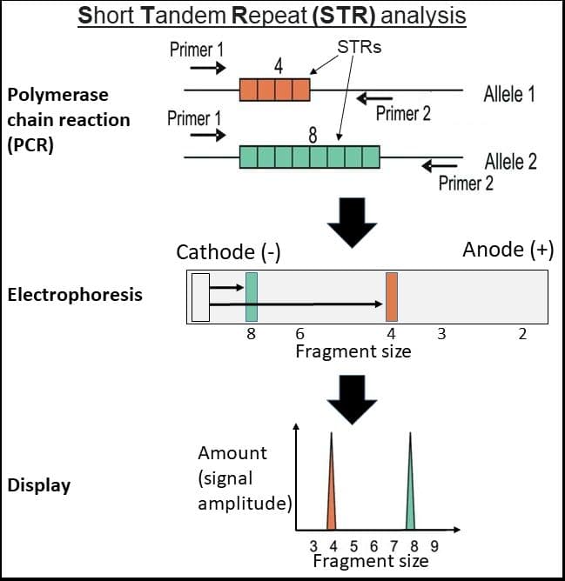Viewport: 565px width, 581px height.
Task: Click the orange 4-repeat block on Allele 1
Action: pyautogui.click(x=275, y=90)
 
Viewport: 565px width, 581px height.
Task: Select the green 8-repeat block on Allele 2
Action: pyautogui.click(x=310, y=157)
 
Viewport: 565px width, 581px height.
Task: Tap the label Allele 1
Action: pyautogui.click(x=509, y=94)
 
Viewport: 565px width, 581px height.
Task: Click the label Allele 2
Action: pyautogui.click(x=510, y=161)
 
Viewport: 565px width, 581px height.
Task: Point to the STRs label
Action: pyautogui.click(x=358, y=47)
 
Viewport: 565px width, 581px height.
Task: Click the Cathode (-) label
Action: pyautogui.click(x=227, y=252)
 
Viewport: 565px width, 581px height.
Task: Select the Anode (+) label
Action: pyautogui.click(x=508, y=250)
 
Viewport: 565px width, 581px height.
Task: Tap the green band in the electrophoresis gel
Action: pyautogui.click(x=252, y=297)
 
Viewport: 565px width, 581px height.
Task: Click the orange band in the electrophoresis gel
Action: pyautogui.click(x=392, y=297)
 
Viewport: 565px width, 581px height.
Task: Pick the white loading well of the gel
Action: pyautogui.click(x=200, y=297)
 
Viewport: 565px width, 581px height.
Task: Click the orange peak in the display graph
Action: pyautogui.click(x=332, y=487)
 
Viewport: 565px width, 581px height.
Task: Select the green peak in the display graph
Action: pyautogui.click(x=410, y=487)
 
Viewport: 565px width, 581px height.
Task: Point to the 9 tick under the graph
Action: pyautogui.click(x=434, y=546)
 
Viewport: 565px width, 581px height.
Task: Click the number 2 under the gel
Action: pyautogui.click(x=522, y=334)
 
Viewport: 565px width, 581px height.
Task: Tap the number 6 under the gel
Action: pyautogui.click(x=299, y=334)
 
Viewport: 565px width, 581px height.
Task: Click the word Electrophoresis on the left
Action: pyautogui.click(x=74, y=295)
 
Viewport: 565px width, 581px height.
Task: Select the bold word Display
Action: pyautogui.click(x=39, y=485)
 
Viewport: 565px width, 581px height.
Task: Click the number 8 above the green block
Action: pyautogui.click(x=312, y=135)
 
